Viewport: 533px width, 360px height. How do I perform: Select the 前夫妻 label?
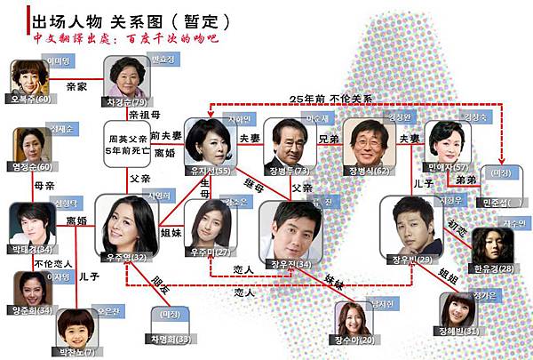point(166,135)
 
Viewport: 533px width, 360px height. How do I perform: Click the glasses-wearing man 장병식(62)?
point(367,142)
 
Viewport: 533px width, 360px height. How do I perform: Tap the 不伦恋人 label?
point(51,264)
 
